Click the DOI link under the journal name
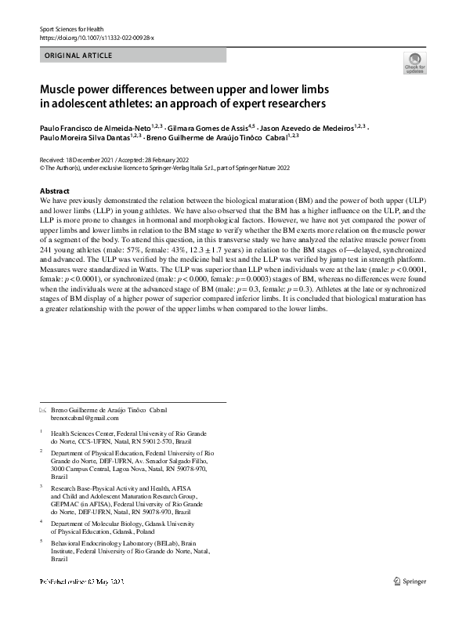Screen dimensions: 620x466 (x=96, y=37)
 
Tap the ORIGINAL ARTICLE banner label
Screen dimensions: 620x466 (x=78, y=56)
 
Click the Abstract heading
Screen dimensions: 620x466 (x=55, y=191)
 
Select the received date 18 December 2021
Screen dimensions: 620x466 (x=91, y=158)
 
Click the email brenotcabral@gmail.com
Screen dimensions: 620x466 (x=85, y=419)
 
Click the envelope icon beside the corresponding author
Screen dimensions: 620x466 (x=42, y=410)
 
